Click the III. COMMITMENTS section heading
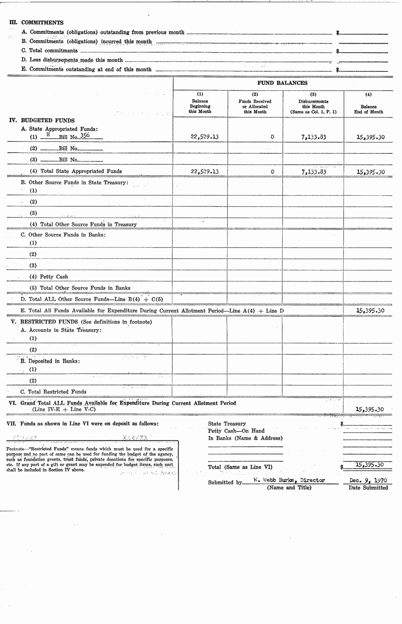coord(37,23)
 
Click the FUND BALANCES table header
coord(282,83)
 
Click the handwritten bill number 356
coord(85,136)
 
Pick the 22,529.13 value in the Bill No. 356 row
coord(205,137)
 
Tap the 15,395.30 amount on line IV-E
coord(370,311)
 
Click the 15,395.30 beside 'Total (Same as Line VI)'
coord(369,465)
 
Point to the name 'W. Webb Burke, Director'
coord(289,480)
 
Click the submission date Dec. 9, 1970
coord(368,480)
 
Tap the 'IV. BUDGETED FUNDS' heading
coord(42,121)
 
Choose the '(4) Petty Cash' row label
coord(49,277)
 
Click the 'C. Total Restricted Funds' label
coord(54,392)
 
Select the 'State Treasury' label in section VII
coord(227,424)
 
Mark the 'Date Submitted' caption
coord(368,488)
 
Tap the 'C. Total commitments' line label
coord(49,51)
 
